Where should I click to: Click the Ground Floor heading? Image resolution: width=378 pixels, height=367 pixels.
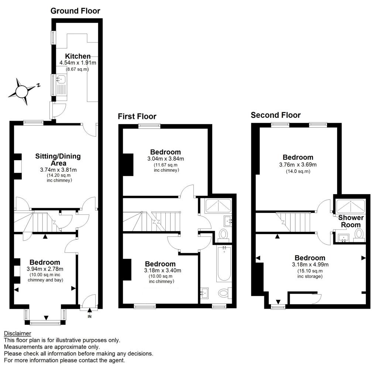(75, 11)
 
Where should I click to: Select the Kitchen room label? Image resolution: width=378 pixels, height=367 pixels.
(78, 56)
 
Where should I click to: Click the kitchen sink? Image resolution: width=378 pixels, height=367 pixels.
(61, 79)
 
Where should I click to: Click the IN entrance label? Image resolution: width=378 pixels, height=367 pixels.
(89, 316)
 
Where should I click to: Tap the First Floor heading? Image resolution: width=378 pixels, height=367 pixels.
(137, 117)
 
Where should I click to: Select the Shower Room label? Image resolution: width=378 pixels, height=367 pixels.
(351, 221)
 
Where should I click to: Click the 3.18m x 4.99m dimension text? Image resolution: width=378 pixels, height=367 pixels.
(310, 264)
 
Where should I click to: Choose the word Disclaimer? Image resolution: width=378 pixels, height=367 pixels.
(17, 334)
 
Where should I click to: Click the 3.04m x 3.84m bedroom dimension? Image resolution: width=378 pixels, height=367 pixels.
(165, 159)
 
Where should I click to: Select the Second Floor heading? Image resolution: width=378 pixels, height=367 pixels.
(276, 115)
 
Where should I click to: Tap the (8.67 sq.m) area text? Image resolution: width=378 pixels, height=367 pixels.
(77, 69)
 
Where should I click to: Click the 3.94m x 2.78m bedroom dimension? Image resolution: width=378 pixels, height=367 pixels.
(45, 269)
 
